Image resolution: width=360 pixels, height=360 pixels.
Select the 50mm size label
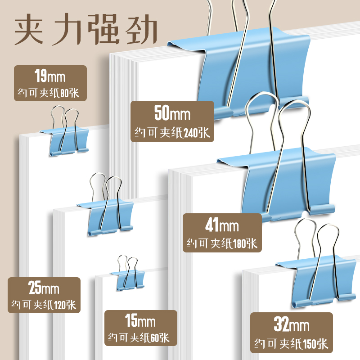172,114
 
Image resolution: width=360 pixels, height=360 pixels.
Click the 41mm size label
222,225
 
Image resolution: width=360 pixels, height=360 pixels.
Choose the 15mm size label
140,322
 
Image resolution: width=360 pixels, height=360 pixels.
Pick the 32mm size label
291,324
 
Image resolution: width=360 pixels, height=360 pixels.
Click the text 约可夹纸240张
172,132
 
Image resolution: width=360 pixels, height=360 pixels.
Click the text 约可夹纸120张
44,305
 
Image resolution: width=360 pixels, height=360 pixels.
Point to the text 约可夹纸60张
139,337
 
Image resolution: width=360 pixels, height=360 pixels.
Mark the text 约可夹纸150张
291,345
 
